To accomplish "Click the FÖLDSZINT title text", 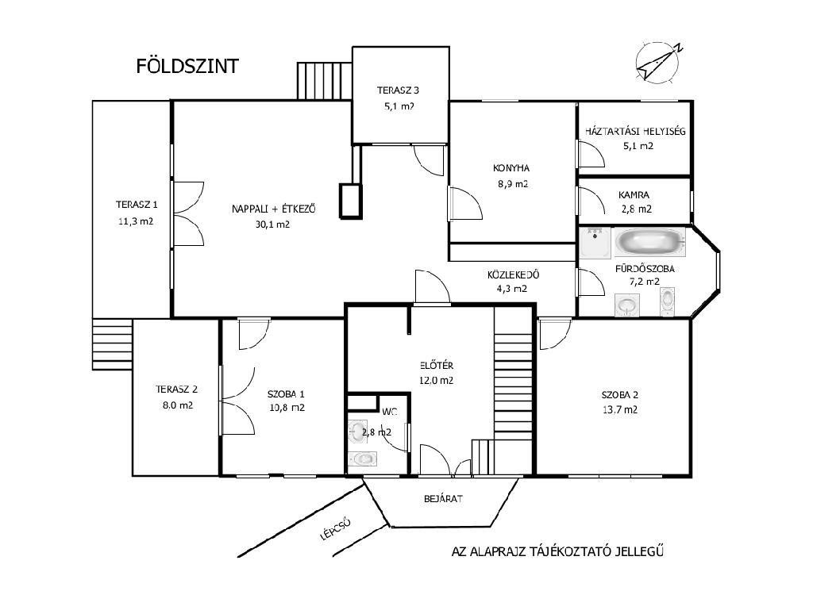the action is [187, 66].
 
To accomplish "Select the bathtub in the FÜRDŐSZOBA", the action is [650, 242].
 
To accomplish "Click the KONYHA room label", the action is [511, 168].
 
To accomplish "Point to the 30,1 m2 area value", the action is [272, 225].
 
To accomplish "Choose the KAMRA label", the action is [634, 195].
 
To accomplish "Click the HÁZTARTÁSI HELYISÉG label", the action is [635, 131].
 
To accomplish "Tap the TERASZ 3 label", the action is [398, 90].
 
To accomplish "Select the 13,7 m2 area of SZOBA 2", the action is [620, 409].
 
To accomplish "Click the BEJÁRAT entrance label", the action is [443, 499].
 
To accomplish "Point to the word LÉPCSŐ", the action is [336, 529].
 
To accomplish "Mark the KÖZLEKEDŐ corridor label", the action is [513, 274].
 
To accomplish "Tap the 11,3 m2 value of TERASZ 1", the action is [136, 221].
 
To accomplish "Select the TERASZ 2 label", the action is [177, 389].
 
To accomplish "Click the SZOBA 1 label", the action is [286, 394].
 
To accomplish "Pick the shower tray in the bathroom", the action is [595, 243].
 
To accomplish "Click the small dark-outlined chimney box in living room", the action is [350, 201].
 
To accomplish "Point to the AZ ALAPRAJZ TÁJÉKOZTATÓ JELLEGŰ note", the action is [557, 551].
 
